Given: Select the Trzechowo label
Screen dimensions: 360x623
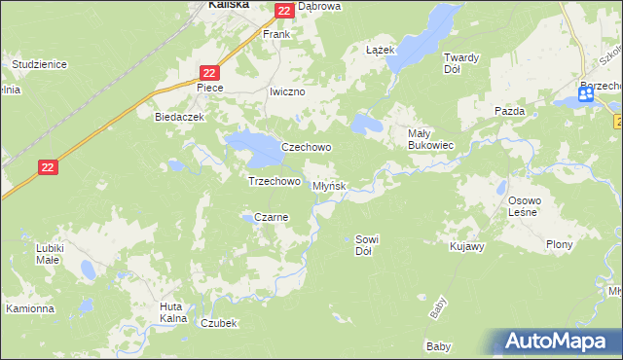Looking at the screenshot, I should point(274,181).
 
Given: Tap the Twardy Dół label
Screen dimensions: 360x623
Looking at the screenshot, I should point(460,63).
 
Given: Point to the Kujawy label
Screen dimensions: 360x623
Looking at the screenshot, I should point(467,247).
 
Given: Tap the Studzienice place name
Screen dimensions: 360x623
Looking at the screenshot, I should point(39,64).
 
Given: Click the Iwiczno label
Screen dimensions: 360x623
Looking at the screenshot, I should point(287,91).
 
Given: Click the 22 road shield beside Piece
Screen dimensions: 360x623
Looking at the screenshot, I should point(210,72).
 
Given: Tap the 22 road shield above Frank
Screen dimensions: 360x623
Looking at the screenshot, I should point(283,11).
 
